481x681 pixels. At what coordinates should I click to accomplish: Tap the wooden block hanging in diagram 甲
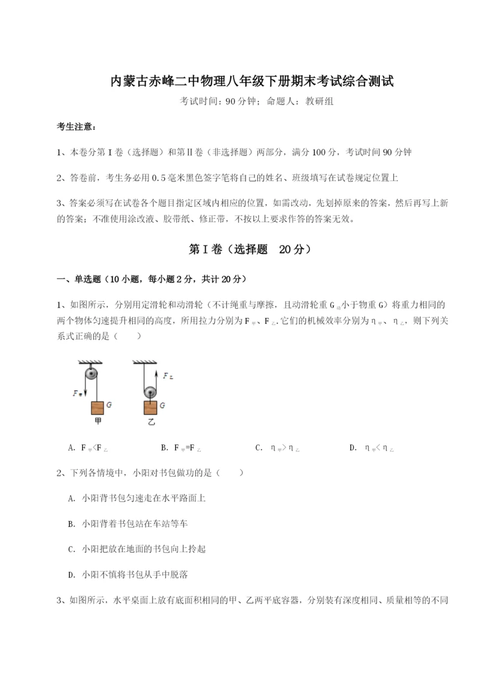tap(97, 408)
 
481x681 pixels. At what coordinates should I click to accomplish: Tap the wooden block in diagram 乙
tap(150, 408)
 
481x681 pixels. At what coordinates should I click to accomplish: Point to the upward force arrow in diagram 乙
tap(158, 379)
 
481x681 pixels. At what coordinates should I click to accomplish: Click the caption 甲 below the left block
tap(98, 422)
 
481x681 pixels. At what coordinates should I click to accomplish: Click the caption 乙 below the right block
tap(151, 422)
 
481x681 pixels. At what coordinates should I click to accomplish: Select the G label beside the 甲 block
tap(109, 405)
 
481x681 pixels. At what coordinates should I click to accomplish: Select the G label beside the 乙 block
tap(162, 405)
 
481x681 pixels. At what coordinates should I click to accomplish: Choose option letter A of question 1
tap(72, 447)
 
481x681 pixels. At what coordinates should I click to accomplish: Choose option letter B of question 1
tap(164, 447)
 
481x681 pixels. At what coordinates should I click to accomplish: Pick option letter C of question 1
tap(258, 447)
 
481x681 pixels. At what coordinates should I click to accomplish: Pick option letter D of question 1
tap(352, 447)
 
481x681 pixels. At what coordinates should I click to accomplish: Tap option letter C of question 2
tap(72, 549)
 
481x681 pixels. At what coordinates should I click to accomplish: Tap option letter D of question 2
tap(72, 574)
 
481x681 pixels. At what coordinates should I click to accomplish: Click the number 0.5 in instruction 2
tap(158, 178)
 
